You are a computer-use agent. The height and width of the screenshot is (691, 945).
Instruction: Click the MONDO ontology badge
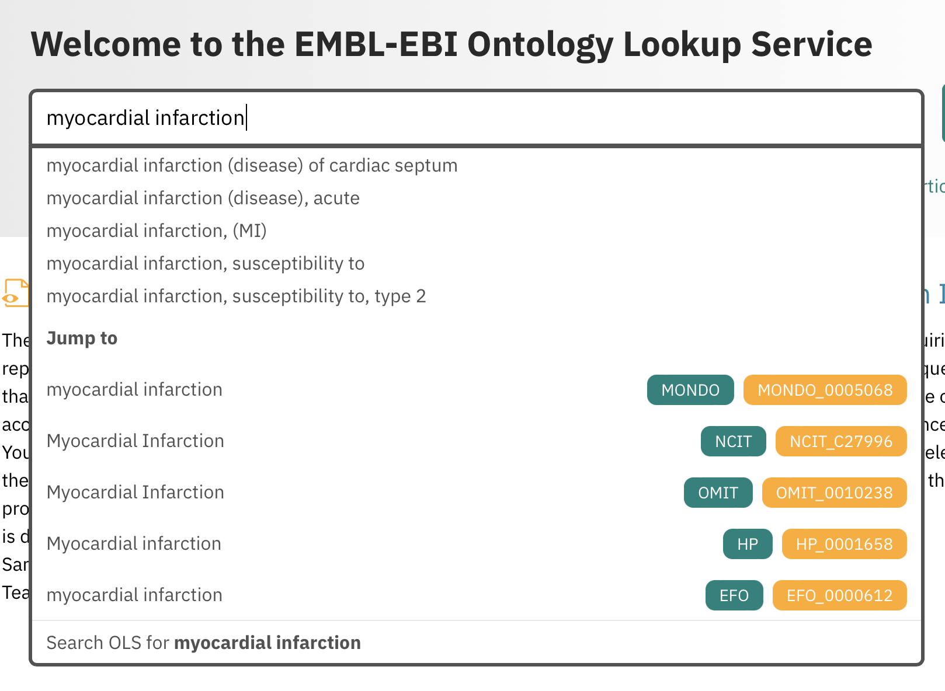[690, 390]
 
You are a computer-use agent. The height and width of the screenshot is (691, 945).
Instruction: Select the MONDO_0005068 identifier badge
[825, 390]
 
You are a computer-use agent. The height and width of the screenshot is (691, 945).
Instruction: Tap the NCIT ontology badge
[733, 441]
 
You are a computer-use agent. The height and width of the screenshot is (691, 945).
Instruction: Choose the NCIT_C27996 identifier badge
[840, 441]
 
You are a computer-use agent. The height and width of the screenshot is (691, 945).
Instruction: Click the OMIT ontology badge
[718, 493]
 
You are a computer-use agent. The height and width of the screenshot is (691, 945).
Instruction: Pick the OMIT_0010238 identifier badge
[834, 493]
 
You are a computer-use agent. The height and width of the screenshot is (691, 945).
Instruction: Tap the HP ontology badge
[747, 544]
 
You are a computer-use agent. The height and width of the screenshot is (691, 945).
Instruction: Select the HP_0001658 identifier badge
[844, 544]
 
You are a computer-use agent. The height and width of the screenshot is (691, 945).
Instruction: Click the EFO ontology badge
[734, 595]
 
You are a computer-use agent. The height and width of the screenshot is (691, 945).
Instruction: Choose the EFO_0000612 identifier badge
[839, 595]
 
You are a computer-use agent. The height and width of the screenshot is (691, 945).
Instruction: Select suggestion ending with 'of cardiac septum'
[252, 166]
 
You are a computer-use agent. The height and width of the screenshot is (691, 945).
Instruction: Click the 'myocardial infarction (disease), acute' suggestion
[203, 198]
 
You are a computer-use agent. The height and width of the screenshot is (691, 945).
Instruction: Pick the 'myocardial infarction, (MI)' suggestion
[157, 231]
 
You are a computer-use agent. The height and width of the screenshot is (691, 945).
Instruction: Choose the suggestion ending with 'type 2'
[236, 296]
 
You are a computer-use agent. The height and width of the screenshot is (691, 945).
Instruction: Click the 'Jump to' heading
[82, 338]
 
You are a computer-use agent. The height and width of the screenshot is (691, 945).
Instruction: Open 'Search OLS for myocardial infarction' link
[203, 643]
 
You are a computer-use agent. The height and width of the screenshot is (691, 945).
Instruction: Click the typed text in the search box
[145, 118]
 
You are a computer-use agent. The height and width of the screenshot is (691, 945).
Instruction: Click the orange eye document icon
[16, 293]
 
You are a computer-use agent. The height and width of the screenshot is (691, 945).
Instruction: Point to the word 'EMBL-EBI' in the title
[376, 44]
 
